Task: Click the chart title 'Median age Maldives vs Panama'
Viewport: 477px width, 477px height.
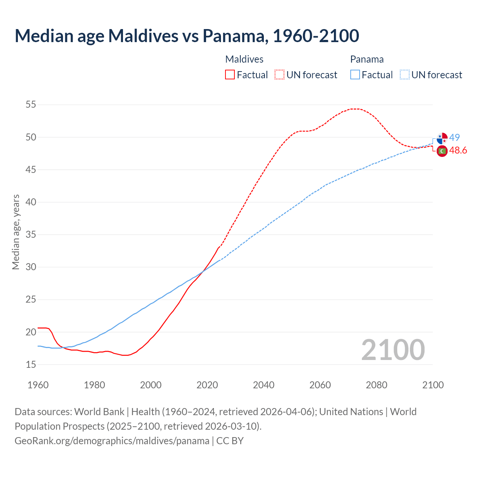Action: [x=187, y=36]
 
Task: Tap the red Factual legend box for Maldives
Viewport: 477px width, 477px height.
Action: [x=230, y=75]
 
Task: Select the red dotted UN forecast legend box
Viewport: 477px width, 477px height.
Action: [x=279, y=75]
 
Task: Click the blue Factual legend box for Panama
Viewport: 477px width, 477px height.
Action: [x=355, y=75]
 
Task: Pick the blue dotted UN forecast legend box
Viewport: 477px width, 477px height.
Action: [x=404, y=75]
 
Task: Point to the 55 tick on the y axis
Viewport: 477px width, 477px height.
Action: [x=31, y=105]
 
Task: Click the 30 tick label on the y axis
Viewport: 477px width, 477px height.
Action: [x=31, y=267]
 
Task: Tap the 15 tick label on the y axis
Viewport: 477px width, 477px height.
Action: [x=31, y=364]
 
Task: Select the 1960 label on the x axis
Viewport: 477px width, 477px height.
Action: [x=38, y=385]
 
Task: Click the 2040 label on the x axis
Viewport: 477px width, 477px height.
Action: [x=263, y=385]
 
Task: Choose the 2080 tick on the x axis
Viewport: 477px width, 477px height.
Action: [x=376, y=385]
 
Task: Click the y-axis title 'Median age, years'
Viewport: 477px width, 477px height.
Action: [x=16, y=232]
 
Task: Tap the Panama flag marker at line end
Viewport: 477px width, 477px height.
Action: [x=442, y=138]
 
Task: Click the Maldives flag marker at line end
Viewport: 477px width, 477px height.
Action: [x=442, y=151]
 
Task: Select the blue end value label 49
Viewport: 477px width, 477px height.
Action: [x=454, y=138]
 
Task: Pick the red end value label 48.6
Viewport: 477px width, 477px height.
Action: [x=458, y=151]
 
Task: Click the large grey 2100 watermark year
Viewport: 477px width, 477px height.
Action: [x=393, y=350]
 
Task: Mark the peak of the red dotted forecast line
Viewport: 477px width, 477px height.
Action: [x=354, y=109]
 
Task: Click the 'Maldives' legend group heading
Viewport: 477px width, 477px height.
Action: [x=244, y=59]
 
